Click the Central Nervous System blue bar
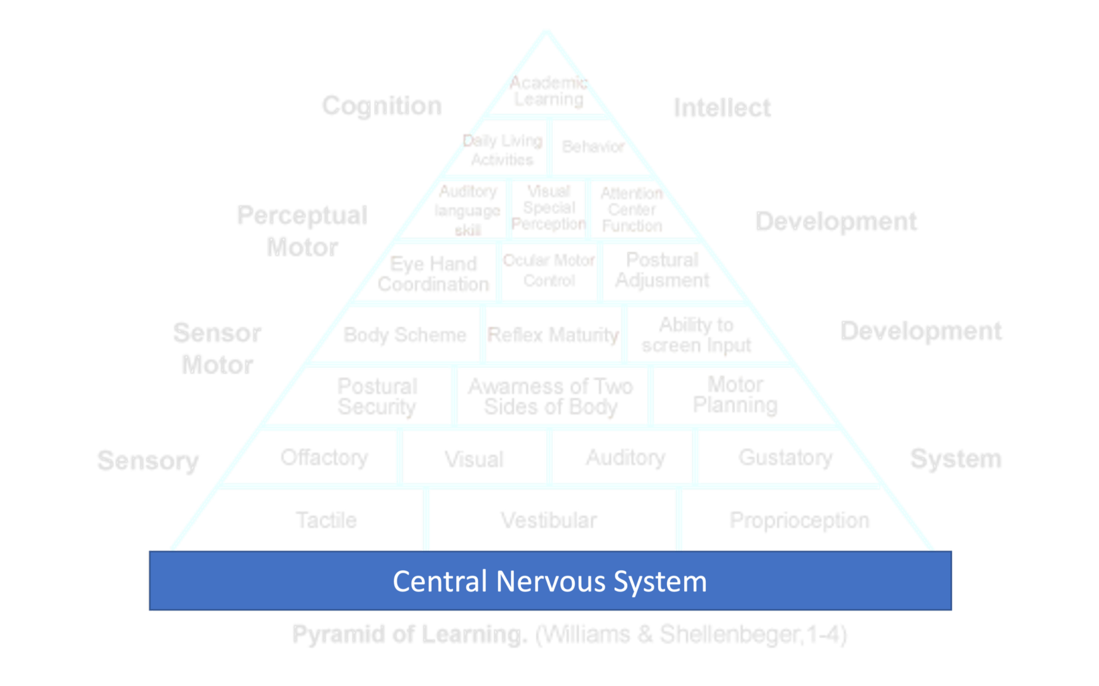click(x=550, y=581)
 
